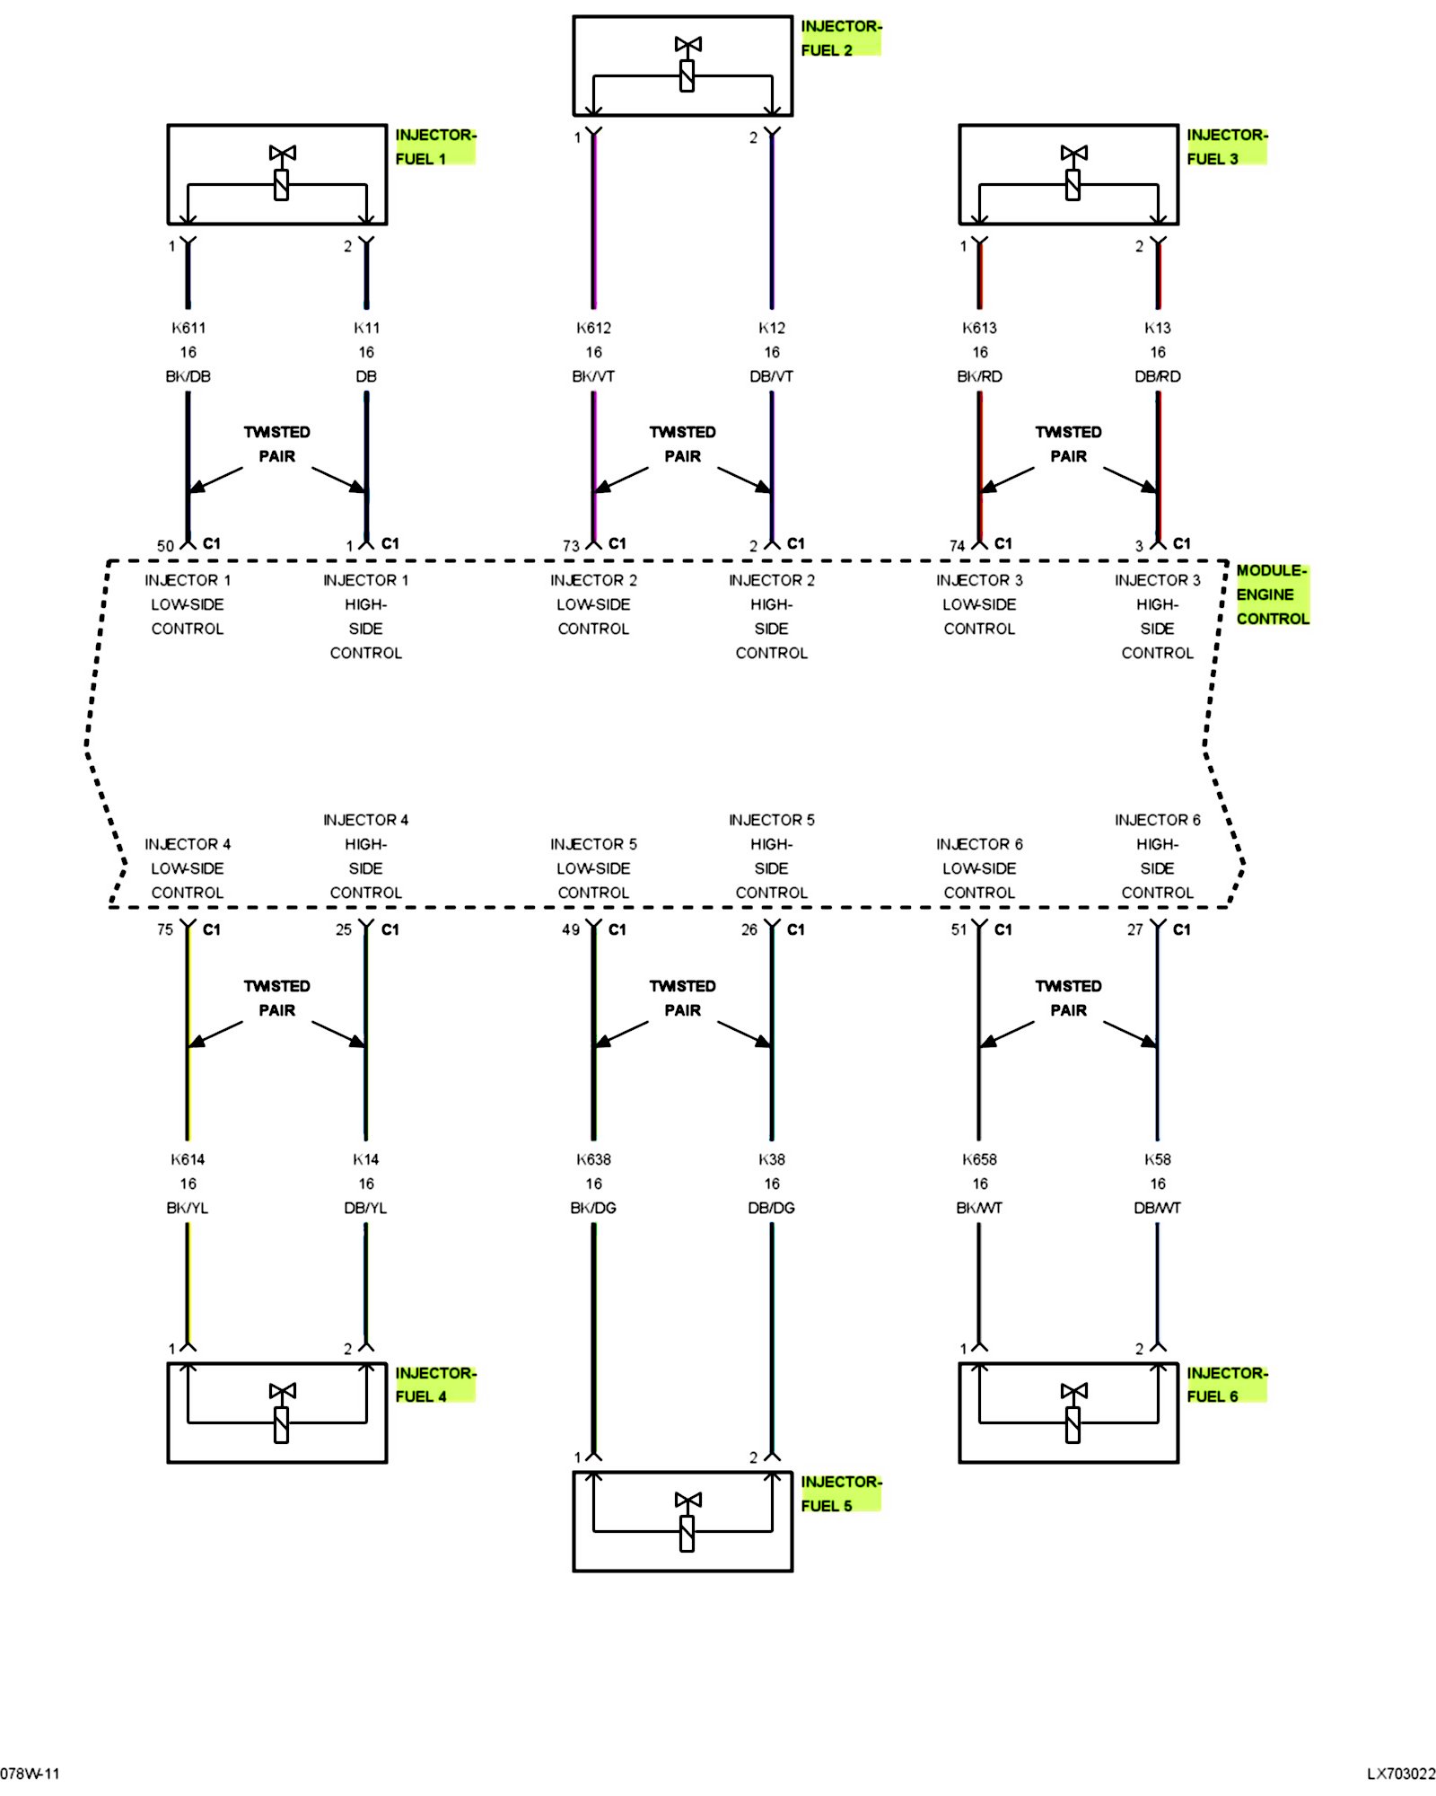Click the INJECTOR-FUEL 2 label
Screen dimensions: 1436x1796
click(x=840, y=38)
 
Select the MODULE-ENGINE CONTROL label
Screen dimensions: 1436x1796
click(x=1272, y=594)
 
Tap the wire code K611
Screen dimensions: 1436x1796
click(x=188, y=328)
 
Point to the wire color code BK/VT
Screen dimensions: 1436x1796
click(x=593, y=376)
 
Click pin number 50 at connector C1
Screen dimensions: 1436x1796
click(x=165, y=546)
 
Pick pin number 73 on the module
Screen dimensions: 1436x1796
click(x=571, y=546)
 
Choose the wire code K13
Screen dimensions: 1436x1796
click(x=1158, y=328)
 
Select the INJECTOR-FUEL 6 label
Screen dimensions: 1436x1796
click(x=1226, y=1384)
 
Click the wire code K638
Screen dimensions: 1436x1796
click(x=593, y=1159)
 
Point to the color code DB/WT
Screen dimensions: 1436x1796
click(x=1158, y=1208)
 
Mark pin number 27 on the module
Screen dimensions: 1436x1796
click(x=1135, y=930)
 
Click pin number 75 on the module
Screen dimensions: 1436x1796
click(x=165, y=930)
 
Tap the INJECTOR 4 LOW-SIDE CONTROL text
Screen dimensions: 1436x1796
click(x=188, y=868)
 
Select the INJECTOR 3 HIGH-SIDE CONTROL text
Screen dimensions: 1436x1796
click(x=1158, y=617)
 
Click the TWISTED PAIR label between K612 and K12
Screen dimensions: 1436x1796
click(x=683, y=445)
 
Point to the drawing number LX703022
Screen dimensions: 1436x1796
click(x=1401, y=1774)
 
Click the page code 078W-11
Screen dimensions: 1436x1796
click(x=30, y=1774)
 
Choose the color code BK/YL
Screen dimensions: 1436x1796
click(x=188, y=1208)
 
